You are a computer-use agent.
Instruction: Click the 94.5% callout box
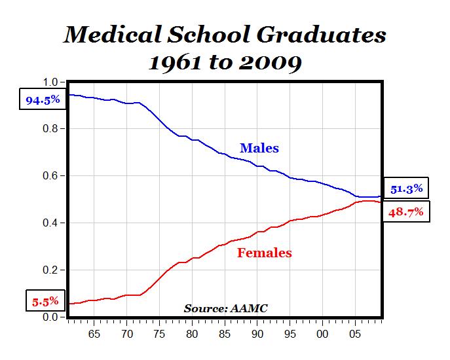point(43,100)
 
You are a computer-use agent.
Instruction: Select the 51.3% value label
point(405,189)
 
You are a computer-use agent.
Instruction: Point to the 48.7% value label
point(405,211)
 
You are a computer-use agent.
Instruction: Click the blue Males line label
point(259,149)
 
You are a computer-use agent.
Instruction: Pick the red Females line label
point(264,253)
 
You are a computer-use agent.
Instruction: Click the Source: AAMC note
point(225,308)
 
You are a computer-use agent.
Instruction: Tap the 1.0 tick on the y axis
point(50,82)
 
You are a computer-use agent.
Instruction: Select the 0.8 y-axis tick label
point(50,129)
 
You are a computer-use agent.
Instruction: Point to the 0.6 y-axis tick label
point(50,176)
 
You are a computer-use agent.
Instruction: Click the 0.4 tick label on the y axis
point(50,223)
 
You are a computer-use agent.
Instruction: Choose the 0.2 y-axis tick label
point(50,270)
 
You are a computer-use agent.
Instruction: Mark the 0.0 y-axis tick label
point(50,317)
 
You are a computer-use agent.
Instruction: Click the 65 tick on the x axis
point(94,333)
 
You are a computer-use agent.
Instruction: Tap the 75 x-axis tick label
point(159,333)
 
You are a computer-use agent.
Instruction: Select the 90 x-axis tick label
point(257,333)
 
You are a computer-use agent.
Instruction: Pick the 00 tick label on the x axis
point(322,333)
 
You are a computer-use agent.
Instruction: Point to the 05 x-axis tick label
point(355,333)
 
